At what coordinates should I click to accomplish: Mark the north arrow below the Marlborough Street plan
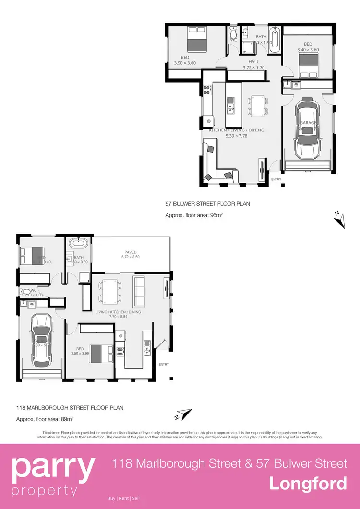[x=183, y=414]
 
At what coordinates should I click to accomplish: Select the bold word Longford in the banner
[x=308, y=483]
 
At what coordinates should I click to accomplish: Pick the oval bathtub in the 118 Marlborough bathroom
[x=77, y=243]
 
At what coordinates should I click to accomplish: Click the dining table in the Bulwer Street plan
[x=257, y=105]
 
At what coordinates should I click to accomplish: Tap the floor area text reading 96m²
[x=194, y=215]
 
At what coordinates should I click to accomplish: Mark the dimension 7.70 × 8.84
[x=118, y=317]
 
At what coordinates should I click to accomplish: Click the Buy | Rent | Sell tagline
[x=124, y=498]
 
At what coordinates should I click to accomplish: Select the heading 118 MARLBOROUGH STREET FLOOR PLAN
[x=70, y=408]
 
